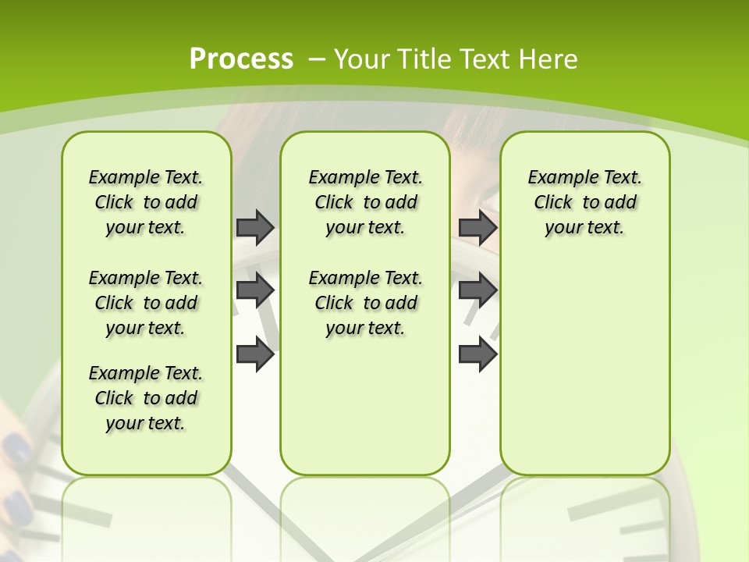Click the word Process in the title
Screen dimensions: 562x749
click(241, 59)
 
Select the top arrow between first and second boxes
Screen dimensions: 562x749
click(255, 227)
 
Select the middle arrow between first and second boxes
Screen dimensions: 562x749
click(255, 290)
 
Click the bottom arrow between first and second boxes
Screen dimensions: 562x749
click(255, 354)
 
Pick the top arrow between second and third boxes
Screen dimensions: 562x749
click(477, 227)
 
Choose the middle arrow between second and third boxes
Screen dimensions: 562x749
click(477, 290)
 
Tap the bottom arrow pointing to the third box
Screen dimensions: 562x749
click(477, 354)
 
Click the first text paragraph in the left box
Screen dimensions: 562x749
click(146, 202)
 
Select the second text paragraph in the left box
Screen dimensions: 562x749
click(146, 303)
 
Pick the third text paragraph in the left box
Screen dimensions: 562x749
click(146, 398)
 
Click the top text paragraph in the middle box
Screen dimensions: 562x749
click(365, 202)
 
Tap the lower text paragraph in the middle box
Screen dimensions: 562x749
click(365, 303)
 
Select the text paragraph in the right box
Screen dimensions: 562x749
click(584, 202)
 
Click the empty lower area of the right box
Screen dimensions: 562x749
click(584, 375)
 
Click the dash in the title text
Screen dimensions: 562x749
click(317, 59)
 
